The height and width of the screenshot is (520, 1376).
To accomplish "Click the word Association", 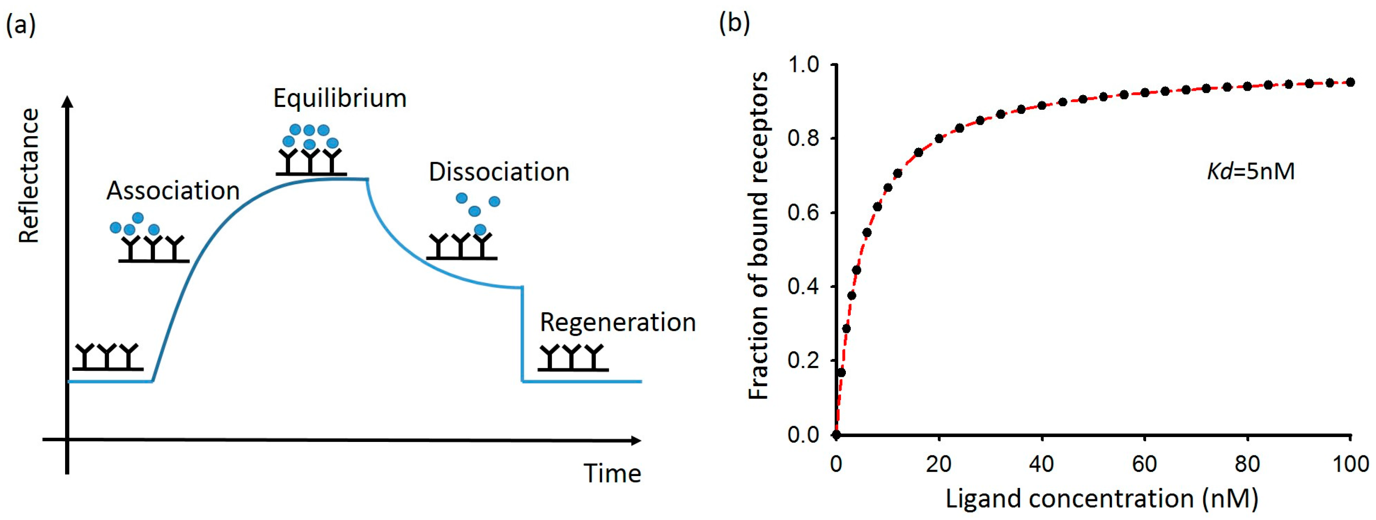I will [x=173, y=191].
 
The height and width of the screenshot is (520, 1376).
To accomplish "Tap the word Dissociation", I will [x=499, y=172].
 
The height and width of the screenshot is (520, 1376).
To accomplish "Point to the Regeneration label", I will [x=618, y=322].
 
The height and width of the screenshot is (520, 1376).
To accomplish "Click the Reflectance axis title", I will [x=29, y=176].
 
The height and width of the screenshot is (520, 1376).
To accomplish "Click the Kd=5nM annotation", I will [x=1251, y=172].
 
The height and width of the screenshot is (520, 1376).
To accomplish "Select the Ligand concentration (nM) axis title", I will [x=1102, y=498].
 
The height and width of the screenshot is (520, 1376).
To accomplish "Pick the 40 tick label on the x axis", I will [x=1042, y=464].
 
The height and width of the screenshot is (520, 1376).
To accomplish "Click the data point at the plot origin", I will [x=837, y=435].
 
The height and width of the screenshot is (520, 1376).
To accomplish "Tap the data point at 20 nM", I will [x=939, y=138].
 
